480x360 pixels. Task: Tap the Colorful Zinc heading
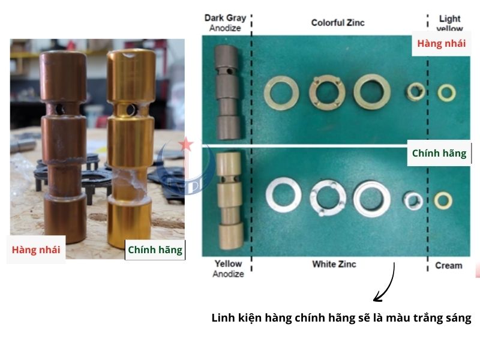coord(338,23)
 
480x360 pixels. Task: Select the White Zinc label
coord(334,264)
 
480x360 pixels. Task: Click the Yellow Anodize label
coord(228,268)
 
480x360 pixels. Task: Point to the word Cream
coord(449,265)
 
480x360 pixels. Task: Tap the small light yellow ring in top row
coord(446,92)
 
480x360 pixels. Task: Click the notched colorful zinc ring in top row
coord(328,91)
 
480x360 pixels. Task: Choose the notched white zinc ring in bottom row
coord(328,197)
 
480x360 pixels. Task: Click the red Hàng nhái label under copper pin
coord(36,250)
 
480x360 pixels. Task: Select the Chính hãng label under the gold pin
coord(155,250)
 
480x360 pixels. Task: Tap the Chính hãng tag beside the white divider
coord(439,153)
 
